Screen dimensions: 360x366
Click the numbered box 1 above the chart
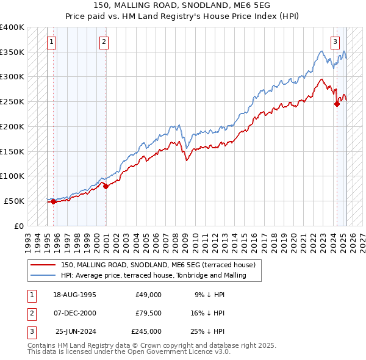coord(52,42)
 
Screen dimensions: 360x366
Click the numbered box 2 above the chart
coord(104,42)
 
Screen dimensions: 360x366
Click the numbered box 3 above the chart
coord(335,42)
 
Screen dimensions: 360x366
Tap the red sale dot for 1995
coord(53,201)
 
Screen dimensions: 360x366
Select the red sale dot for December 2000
coord(106,186)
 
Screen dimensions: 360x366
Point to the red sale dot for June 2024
coord(337,104)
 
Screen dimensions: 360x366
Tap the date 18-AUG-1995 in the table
coord(75,295)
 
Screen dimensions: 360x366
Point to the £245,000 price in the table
coord(146,331)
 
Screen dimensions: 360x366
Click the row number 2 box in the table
coord(30,313)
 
